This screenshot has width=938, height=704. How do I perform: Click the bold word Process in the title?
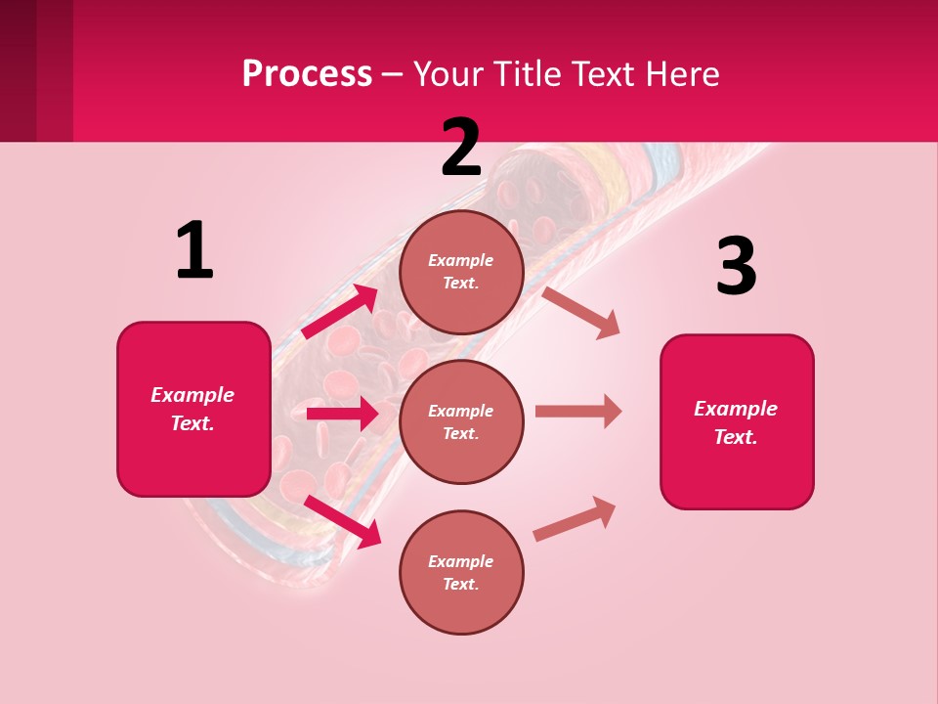coord(307,74)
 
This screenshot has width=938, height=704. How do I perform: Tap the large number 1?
coord(194,250)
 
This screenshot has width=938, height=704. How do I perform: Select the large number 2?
coord(461,148)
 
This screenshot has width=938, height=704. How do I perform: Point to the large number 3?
coord(736,266)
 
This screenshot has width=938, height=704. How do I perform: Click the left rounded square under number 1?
coord(193,409)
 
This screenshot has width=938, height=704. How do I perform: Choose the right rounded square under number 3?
coord(737,422)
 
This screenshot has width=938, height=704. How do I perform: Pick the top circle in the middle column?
coord(461,272)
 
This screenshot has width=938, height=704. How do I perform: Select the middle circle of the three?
coord(461,421)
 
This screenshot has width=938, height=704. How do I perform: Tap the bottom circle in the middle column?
coord(461,572)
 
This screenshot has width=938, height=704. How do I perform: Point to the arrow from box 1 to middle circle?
coord(342,414)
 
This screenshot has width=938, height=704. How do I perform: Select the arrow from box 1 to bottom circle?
coord(342,520)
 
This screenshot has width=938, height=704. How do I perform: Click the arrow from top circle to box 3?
coord(581,312)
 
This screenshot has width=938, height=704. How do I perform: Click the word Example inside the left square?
coord(192,395)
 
